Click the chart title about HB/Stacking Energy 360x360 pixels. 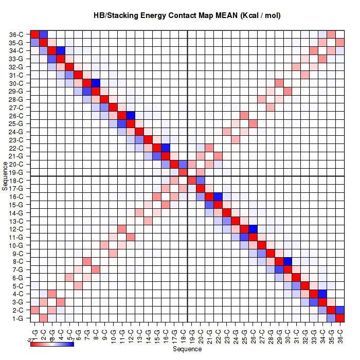(187, 16)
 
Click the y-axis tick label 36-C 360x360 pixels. (16, 34)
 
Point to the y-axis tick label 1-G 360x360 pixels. (17, 318)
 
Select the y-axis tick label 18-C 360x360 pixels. (16, 181)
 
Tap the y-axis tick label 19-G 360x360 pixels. (16, 172)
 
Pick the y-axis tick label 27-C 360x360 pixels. (16, 107)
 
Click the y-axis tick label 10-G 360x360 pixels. (16, 245)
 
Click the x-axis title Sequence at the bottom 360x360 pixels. (187, 349)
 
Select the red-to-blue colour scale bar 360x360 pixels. (52, 344)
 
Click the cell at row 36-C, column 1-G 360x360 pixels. (35, 34)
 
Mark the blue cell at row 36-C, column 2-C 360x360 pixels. (44, 34)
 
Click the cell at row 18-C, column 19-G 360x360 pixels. (192, 181)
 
